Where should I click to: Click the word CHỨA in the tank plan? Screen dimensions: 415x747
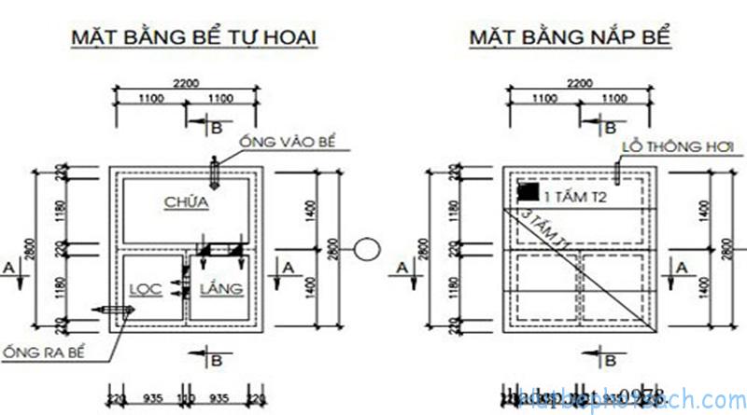click(186, 201)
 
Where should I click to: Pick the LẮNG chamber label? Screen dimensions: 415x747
click(222, 289)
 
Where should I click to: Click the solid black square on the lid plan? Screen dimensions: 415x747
click(529, 192)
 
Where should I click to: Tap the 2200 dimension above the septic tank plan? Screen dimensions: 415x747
click(188, 83)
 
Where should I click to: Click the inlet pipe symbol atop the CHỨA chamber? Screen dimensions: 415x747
click(215, 171)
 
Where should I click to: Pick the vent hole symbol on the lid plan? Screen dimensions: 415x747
click(618, 171)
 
